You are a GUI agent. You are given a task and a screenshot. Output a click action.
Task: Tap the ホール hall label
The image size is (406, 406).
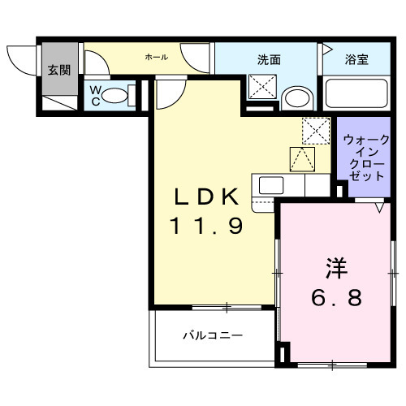click(x=156, y=57)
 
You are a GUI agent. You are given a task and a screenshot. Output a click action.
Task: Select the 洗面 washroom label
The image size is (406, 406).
click(x=269, y=59)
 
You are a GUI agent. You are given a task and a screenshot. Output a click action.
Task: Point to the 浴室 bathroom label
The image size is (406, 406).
click(x=356, y=59)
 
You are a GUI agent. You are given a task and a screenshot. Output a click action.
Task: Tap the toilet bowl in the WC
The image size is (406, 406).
click(x=119, y=96)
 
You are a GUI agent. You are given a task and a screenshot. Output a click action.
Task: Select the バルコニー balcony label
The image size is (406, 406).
click(x=211, y=335)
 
